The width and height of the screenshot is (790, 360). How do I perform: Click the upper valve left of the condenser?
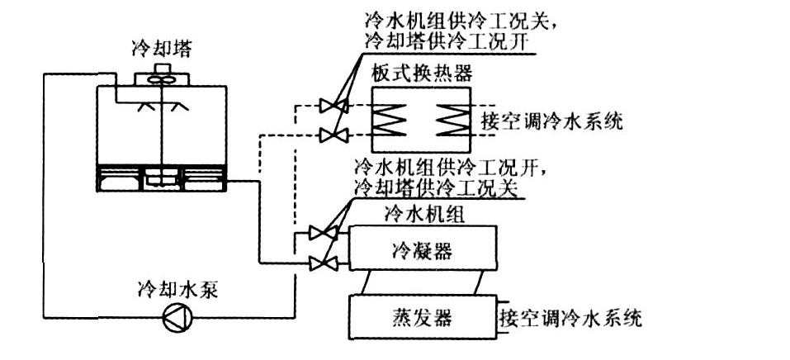319,234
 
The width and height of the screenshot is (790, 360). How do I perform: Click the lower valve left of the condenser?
319,263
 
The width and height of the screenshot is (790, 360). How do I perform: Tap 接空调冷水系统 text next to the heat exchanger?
550,122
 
